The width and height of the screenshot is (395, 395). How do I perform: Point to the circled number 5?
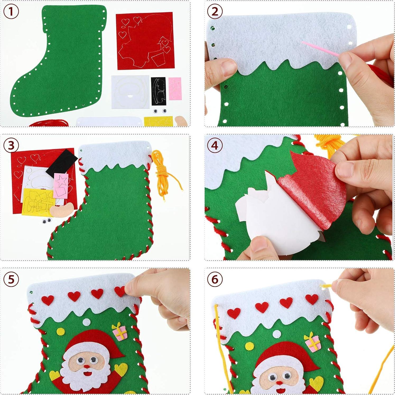(11, 279)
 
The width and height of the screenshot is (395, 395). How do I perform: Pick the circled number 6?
(215, 279)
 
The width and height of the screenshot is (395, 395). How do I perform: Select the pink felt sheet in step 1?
(175, 89)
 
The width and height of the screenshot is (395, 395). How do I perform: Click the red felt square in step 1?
(145, 41)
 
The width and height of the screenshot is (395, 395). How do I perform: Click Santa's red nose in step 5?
(86, 366)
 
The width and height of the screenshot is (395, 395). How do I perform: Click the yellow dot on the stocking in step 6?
(249, 346)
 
